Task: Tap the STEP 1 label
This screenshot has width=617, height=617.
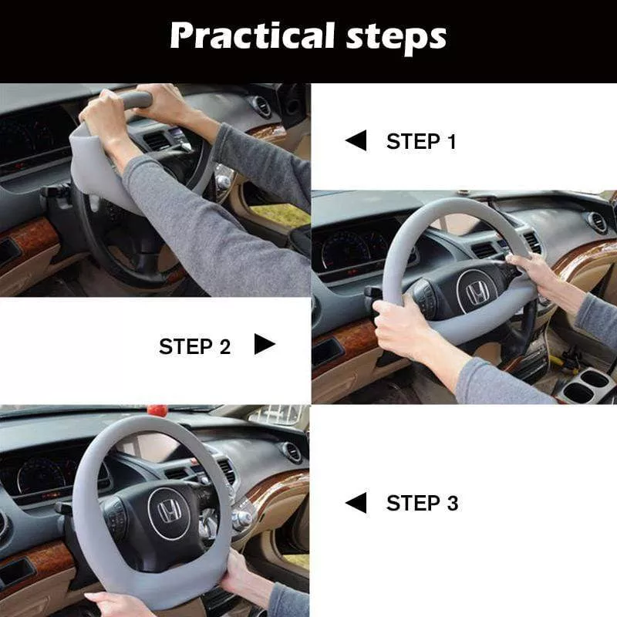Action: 421,142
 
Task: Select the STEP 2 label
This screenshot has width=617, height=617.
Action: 194,346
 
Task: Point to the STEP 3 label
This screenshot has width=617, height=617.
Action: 422,504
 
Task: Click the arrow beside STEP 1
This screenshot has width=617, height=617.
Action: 356,141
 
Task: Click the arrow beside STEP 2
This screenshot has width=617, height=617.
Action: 265,345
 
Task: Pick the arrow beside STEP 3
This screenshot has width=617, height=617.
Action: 356,504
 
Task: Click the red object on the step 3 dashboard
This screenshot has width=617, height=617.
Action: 158,409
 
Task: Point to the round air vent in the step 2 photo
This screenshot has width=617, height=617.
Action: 598,223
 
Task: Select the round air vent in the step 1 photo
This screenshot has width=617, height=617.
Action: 262,106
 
